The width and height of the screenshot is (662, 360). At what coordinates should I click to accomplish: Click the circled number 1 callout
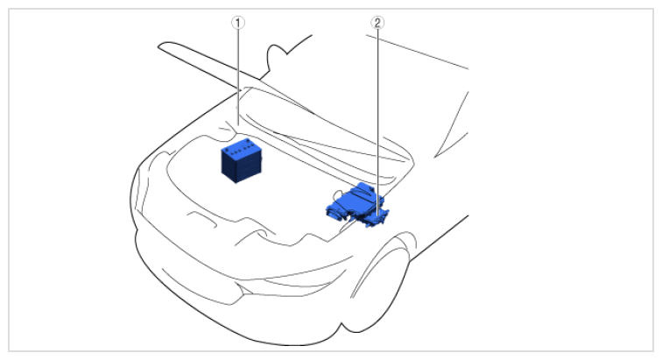pos(238,23)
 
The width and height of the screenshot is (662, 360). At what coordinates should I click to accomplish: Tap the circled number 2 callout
pos(377,23)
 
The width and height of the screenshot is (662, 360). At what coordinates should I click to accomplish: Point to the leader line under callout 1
pos(238,77)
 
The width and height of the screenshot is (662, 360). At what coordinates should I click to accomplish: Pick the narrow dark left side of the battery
pos(229,164)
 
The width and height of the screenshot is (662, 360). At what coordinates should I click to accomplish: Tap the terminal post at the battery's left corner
pos(227,150)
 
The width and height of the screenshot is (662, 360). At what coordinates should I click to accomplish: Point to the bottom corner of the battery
pos(236,182)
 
